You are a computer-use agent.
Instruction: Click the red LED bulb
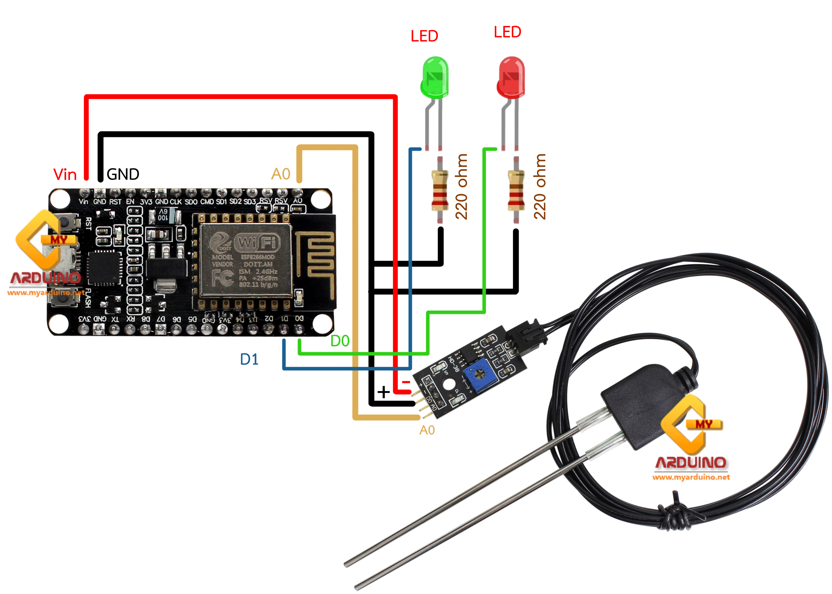pyautogui.click(x=511, y=77)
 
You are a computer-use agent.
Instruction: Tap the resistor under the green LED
pyautogui.click(x=440, y=190)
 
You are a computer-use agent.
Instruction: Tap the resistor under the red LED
pyautogui.click(x=516, y=190)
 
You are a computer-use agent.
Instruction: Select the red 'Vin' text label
pyautogui.click(x=65, y=174)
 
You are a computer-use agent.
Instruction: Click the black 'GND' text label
pyautogui.click(x=123, y=174)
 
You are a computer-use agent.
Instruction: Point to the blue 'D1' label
pyautogui.click(x=249, y=359)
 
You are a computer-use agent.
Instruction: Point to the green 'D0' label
pyautogui.click(x=339, y=341)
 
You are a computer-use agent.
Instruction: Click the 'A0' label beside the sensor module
pyautogui.click(x=427, y=430)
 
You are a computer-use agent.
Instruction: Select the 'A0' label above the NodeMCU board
pyautogui.click(x=281, y=174)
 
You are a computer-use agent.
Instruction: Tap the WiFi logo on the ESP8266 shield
pyautogui.click(x=258, y=242)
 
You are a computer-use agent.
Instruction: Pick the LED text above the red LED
pyautogui.click(x=507, y=32)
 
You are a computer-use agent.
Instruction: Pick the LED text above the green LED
pyautogui.click(x=424, y=36)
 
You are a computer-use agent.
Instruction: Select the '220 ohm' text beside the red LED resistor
pyautogui.click(x=539, y=187)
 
